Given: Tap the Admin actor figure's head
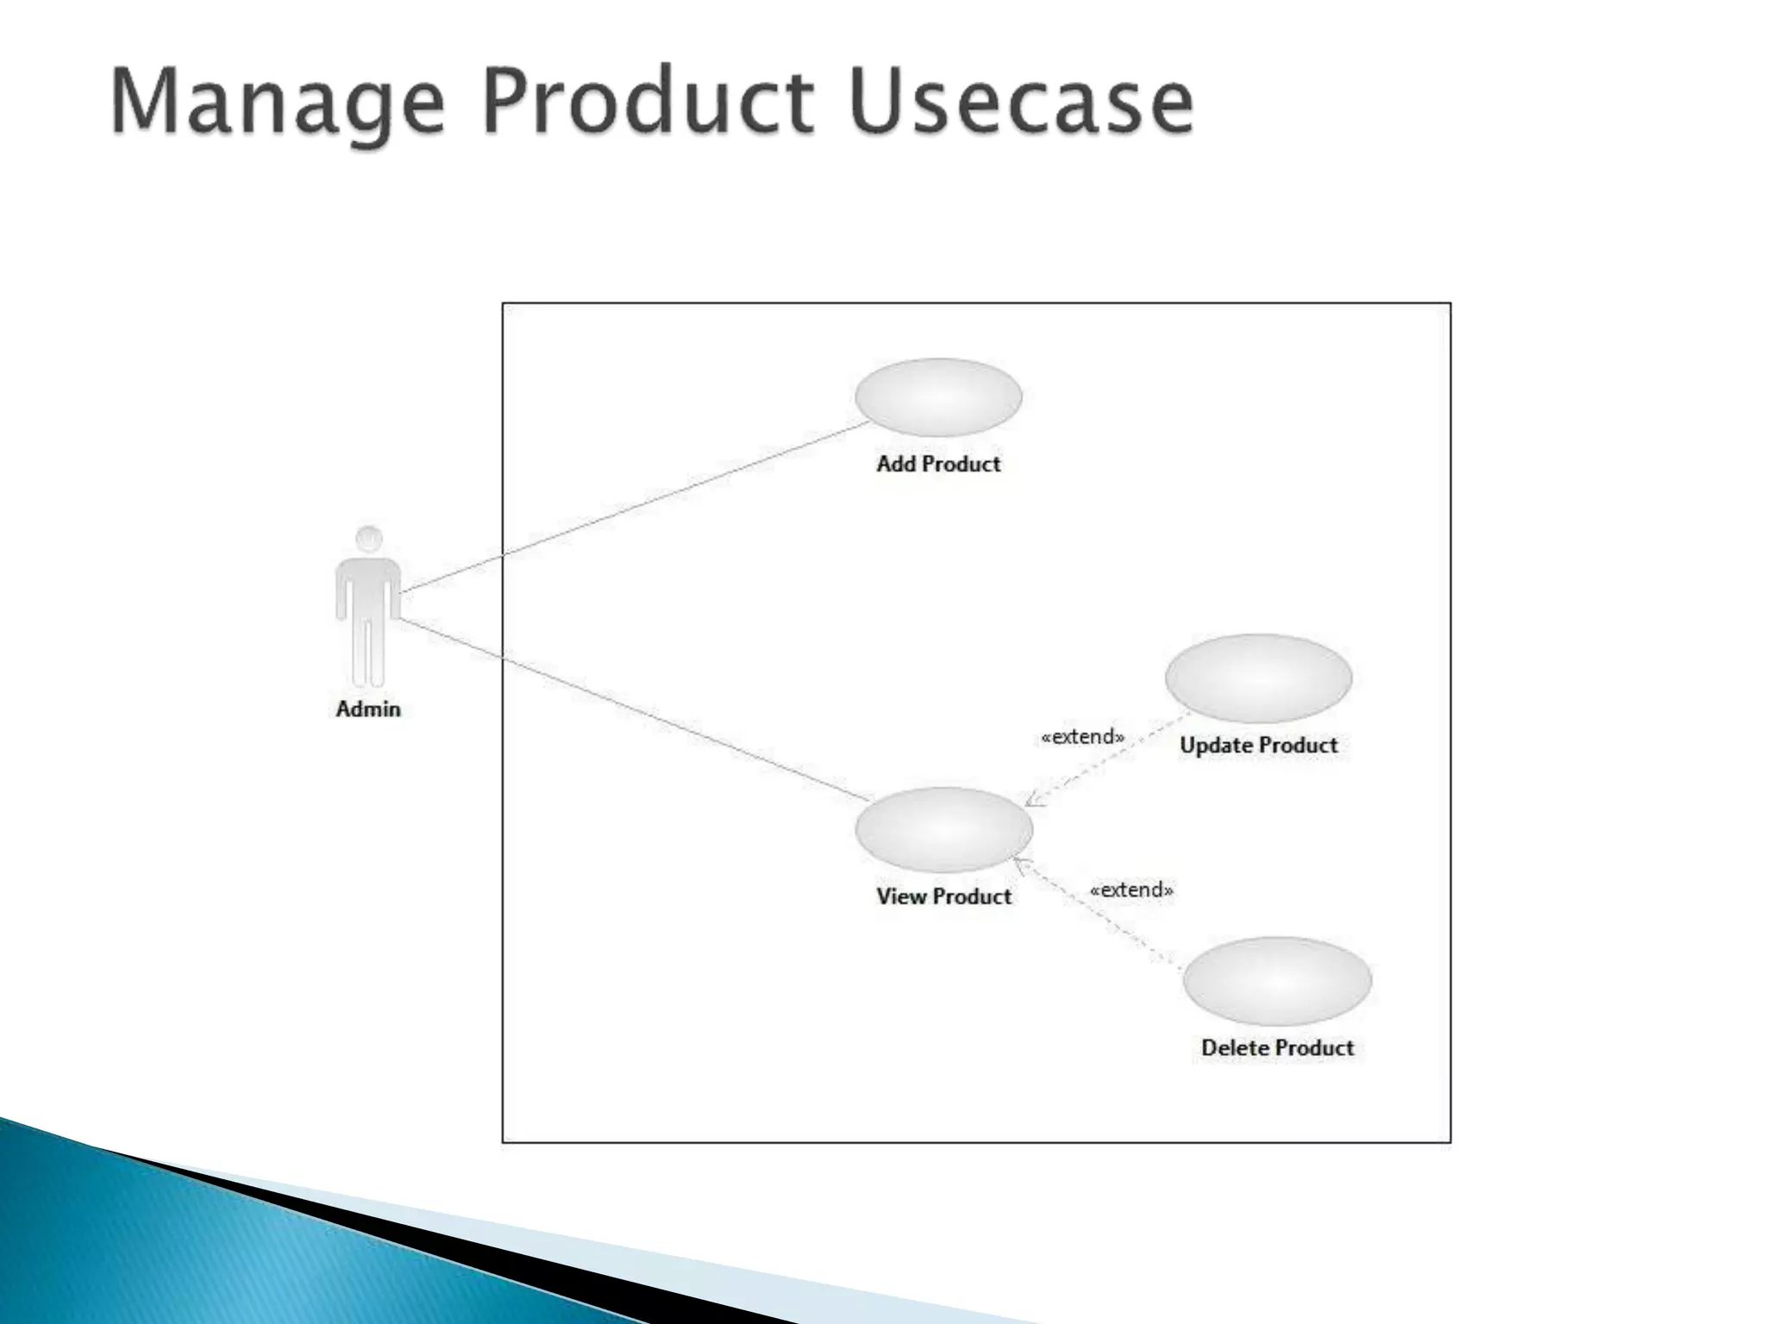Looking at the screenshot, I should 369,540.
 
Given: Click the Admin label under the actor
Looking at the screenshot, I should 368,709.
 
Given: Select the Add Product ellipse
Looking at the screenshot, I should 938,397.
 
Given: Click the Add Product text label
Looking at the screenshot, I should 938,464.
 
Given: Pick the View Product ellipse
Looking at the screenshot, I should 943,828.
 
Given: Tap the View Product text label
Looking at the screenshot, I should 943,896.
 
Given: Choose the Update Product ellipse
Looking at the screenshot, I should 1258,678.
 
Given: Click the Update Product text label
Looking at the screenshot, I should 1258,746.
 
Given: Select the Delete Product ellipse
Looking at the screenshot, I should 1277,981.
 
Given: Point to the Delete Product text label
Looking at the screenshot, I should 1277,1048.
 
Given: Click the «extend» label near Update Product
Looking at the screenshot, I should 1083,737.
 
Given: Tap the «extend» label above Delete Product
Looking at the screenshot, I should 1131,890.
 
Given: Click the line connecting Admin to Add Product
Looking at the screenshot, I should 634,508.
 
